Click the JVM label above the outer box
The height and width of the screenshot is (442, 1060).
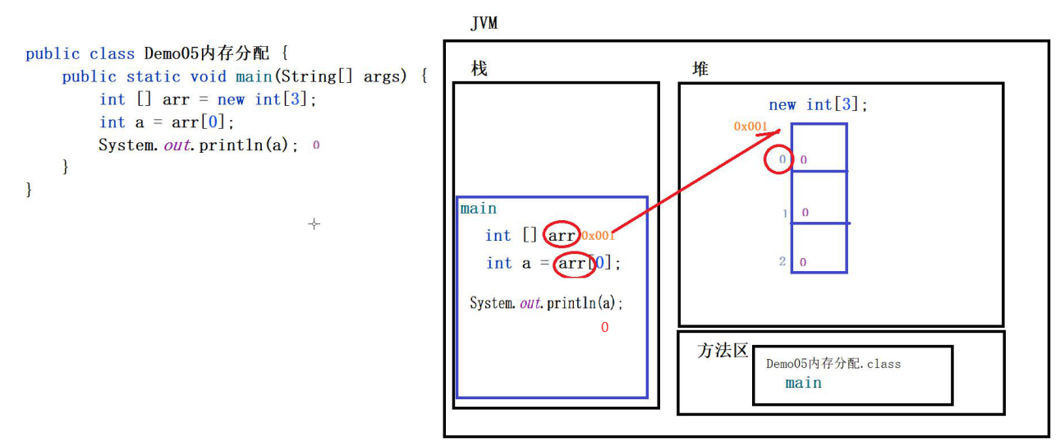pos(484,23)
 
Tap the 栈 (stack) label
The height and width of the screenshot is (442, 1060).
pos(479,69)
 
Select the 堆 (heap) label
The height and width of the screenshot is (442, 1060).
pos(700,69)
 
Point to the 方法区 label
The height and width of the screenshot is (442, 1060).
pos(723,351)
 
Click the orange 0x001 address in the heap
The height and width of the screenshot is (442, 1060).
pos(750,127)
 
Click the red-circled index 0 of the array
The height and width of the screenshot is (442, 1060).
pos(778,159)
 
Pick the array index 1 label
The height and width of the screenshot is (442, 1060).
pos(786,213)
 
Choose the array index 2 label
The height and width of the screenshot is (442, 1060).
pos(782,262)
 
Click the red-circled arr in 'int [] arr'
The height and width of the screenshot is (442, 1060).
pos(562,236)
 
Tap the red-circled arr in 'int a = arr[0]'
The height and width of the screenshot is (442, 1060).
pos(572,263)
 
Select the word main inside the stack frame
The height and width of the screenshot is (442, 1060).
pos(478,209)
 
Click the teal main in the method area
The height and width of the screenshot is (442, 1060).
pos(803,383)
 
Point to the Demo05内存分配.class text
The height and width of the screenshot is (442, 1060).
pos(833,363)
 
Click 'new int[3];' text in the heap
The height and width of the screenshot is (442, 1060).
pos(818,104)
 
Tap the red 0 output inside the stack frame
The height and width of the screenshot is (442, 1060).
pos(604,328)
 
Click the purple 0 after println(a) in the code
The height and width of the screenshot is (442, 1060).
pos(316,145)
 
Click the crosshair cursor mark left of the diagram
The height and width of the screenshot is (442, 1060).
pos(314,223)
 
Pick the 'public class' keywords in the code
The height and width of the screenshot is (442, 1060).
pos(80,53)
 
